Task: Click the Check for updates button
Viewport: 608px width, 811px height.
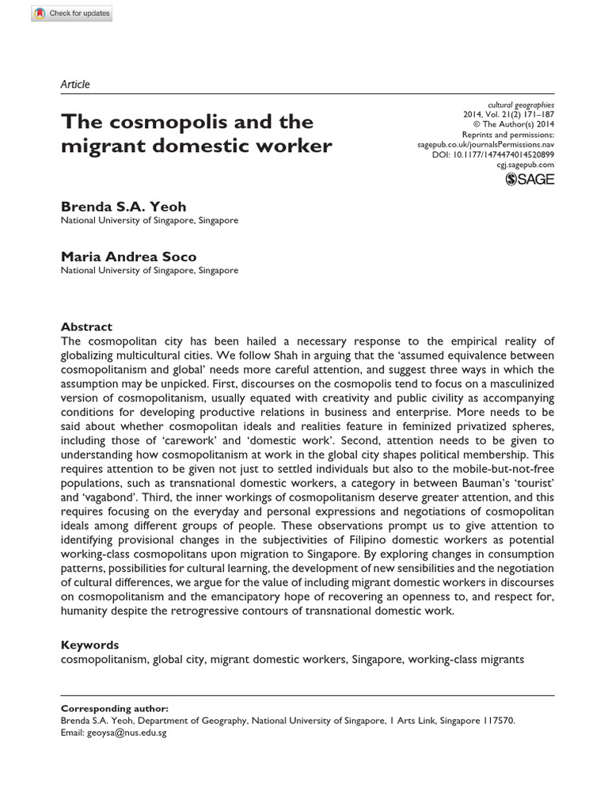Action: (72, 13)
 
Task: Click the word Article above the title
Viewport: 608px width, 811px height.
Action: (75, 84)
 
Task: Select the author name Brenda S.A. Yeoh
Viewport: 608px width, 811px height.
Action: (123, 207)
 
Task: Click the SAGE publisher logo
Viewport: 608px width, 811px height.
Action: (530, 179)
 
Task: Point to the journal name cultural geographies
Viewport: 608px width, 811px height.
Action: (520, 105)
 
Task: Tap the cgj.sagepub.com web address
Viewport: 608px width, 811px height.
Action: (526, 165)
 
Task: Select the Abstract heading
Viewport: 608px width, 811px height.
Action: (86, 326)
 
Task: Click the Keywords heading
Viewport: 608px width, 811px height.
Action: (89, 645)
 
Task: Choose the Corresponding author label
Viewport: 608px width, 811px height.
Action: (114, 709)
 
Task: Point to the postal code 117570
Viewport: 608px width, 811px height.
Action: (494, 721)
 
